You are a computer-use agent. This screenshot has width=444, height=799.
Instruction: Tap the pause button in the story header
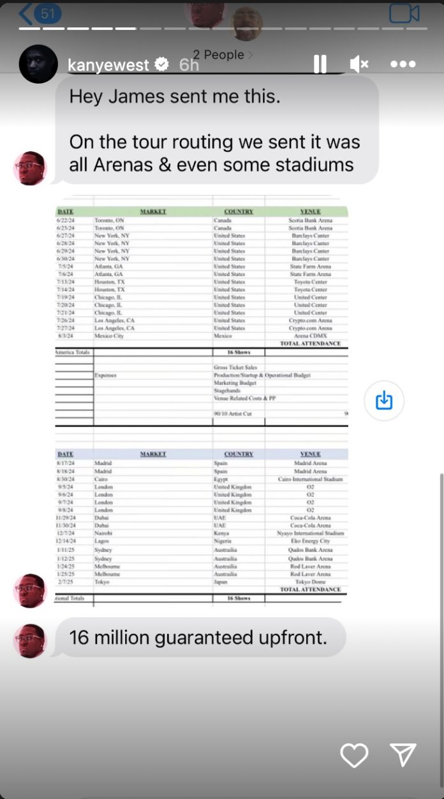click(320, 64)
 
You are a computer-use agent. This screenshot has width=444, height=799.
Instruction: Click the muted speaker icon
click(359, 64)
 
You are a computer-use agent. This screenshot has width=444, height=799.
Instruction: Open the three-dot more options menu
click(403, 64)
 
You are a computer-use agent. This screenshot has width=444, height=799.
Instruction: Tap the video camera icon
click(404, 13)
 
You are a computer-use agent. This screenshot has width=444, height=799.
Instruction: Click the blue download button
click(384, 401)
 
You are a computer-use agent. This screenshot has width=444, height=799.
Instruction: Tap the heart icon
click(354, 756)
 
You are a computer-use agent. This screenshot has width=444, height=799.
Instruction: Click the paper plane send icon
click(403, 755)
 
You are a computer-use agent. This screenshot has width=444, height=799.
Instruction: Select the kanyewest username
click(108, 64)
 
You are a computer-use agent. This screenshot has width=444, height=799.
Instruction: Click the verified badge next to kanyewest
click(162, 64)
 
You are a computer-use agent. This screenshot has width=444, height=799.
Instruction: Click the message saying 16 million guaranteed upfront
click(198, 637)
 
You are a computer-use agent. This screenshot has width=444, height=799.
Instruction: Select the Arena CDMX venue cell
click(311, 336)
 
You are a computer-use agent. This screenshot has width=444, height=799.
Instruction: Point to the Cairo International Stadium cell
click(311, 479)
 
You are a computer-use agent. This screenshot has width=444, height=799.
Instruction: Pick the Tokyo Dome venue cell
click(311, 582)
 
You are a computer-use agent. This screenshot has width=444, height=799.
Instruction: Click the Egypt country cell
click(221, 479)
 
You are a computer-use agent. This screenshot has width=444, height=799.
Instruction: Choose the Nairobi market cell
click(103, 533)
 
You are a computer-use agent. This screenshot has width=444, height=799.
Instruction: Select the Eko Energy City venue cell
click(311, 541)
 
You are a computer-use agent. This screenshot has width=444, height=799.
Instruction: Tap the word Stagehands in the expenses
click(228, 390)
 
